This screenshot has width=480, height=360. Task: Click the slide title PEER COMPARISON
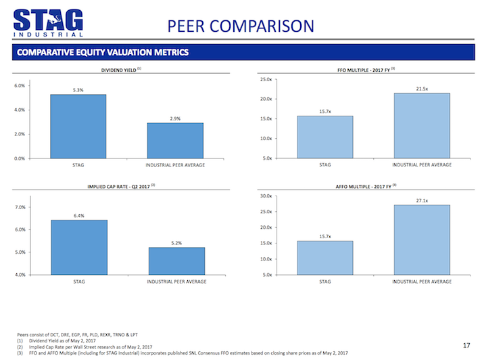pyautogui.click(x=241, y=26)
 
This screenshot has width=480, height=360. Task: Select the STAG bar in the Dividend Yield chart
pyautogui.click(x=78, y=126)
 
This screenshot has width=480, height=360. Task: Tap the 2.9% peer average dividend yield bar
pyautogui.click(x=175, y=140)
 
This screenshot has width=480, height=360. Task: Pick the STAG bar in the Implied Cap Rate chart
pyautogui.click(x=78, y=247)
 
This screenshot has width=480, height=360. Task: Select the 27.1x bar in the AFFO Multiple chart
pyautogui.click(x=421, y=240)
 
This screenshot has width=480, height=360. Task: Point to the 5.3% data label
pyautogui.click(x=78, y=90)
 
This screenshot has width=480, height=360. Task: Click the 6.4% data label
pyautogui.click(x=78, y=215)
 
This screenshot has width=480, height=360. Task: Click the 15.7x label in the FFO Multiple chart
pyautogui.click(x=325, y=111)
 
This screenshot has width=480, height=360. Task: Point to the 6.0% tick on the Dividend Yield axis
pyautogui.click(x=20, y=85)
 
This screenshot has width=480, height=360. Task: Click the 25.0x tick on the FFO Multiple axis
pyautogui.click(x=266, y=79)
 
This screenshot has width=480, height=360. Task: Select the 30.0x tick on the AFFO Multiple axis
pyautogui.click(x=266, y=196)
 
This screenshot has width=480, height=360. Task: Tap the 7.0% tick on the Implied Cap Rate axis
pyautogui.click(x=20, y=207)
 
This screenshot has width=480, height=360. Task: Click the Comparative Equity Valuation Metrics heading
pyautogui.click(x=103, y=52)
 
